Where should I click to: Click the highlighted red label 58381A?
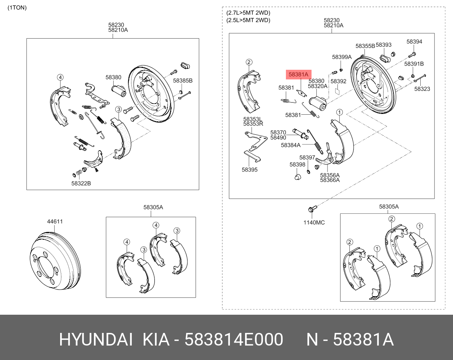(299, 75)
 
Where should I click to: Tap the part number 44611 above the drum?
(55, 222)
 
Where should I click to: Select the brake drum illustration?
(55, 261)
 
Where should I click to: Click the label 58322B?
(81, 183)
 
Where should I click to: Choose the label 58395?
(250, 170)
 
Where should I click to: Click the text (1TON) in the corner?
(17, 8)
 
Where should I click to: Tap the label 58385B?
(183, 81)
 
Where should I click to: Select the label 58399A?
(342, 57)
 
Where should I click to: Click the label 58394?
(414, 42)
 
